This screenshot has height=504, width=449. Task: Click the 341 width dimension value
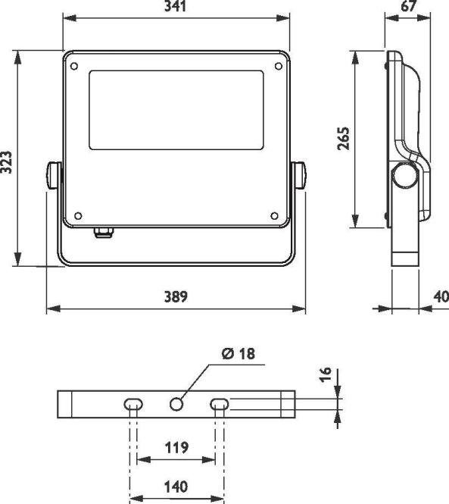pos(175,7)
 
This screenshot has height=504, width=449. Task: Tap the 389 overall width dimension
pos(175,296)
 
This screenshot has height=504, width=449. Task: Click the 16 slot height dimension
pos(326,376)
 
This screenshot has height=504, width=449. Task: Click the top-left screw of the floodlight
pos(73,66)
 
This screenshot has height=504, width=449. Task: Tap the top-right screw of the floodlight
pos(279,66)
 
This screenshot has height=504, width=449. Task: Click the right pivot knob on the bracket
pos(301,175)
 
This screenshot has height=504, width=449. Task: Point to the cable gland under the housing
pos(103,230)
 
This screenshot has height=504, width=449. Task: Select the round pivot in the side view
pos(404,176)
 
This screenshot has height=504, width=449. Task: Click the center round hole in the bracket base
pos(177,404)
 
